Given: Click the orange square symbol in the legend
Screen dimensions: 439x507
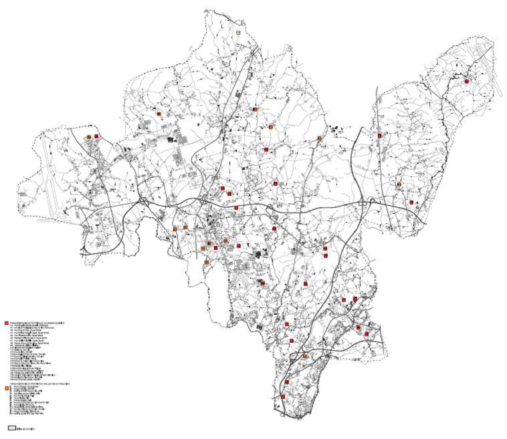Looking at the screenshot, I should pyautogui.click(x=7, y=388).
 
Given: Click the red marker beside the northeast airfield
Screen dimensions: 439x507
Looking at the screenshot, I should pyautogui.click(x=467, y=82).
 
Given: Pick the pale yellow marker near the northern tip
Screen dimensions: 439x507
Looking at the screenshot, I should pyautogui.click(x=238, y=32).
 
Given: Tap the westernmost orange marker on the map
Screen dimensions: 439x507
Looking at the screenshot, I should pyautogui.click(x=89, y=137).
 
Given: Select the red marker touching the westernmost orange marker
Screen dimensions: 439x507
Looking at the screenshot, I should pyautogui.click(x=96, y=136).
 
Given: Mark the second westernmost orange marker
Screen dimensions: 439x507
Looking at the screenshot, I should pyautogui.click(x=159, y=114).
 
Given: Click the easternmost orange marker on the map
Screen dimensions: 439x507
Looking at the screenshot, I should pyautogui.click(x=399, y=184).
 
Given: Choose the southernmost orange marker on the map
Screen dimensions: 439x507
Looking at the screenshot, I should pyautogui.click(x=305, y=356).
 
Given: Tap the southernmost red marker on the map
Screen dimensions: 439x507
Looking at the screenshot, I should pyautogui.click(x=282, y=397).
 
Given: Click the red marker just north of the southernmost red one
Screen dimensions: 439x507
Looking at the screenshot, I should pyautogui.click(x=288, y=382).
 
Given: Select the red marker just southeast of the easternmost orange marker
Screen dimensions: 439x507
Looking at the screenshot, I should pyautogui.click(x=411, y=202).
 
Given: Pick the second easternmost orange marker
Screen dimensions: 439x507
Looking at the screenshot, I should pyautogui.click(x=320, y=138).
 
